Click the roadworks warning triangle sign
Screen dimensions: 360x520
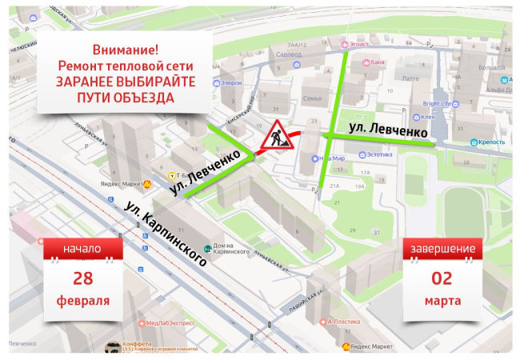[274, 136]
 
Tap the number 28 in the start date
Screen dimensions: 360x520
[83, 278]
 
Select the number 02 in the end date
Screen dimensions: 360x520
[442, 278]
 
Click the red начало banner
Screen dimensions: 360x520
[83, 249]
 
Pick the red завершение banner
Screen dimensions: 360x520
[442, 249]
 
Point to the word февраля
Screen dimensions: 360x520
[83, 302]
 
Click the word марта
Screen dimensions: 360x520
[442, 302]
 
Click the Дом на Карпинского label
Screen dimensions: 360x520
[228, 248]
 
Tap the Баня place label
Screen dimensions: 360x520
[378, 62]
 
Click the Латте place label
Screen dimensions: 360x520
[410, 78]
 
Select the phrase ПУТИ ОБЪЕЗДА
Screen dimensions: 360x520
[125, 98]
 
